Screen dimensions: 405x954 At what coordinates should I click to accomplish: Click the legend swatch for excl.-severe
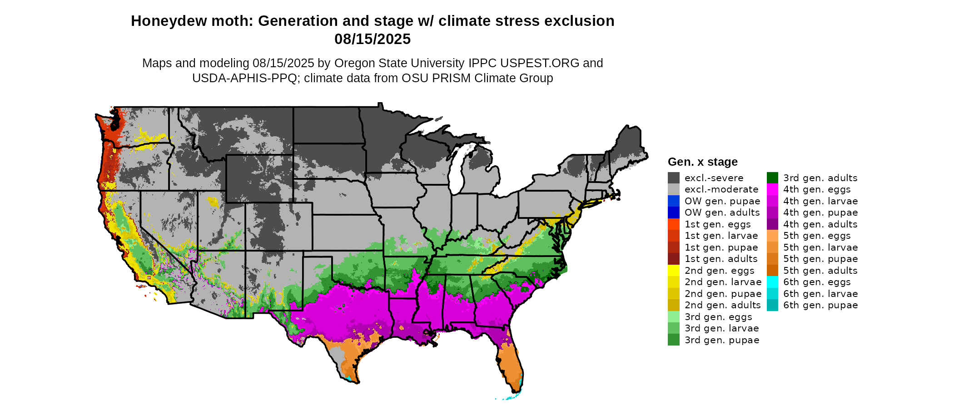tap(673, 178)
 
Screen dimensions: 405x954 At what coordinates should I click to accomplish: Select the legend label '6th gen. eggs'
tap(817, 282)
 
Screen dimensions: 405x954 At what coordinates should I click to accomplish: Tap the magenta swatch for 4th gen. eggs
tap(772, 189)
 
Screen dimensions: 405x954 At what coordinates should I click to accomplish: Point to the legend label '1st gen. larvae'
tap(721, 236)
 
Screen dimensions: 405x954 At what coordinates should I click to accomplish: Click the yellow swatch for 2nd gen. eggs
tap(673, 271)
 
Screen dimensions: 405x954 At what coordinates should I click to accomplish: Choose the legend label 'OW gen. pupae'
tap(722, 201)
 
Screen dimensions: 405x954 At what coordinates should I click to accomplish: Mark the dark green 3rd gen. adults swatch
tap(772, 178)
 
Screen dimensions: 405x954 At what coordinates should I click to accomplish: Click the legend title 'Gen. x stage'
tap(702, 162)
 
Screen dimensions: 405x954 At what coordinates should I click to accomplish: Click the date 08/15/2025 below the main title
tap(373, 39)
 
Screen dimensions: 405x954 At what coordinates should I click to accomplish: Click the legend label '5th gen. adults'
tap(820, 271)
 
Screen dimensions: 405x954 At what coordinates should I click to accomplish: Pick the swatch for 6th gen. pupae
tap(772, 305)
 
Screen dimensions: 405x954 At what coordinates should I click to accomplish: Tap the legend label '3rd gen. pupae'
tap(722, 340)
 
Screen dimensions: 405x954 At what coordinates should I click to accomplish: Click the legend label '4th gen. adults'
tap(820, 224)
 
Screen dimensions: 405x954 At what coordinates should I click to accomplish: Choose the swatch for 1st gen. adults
tap(673, 259)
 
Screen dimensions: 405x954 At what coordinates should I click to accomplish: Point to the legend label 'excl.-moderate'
tap(721, 189)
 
